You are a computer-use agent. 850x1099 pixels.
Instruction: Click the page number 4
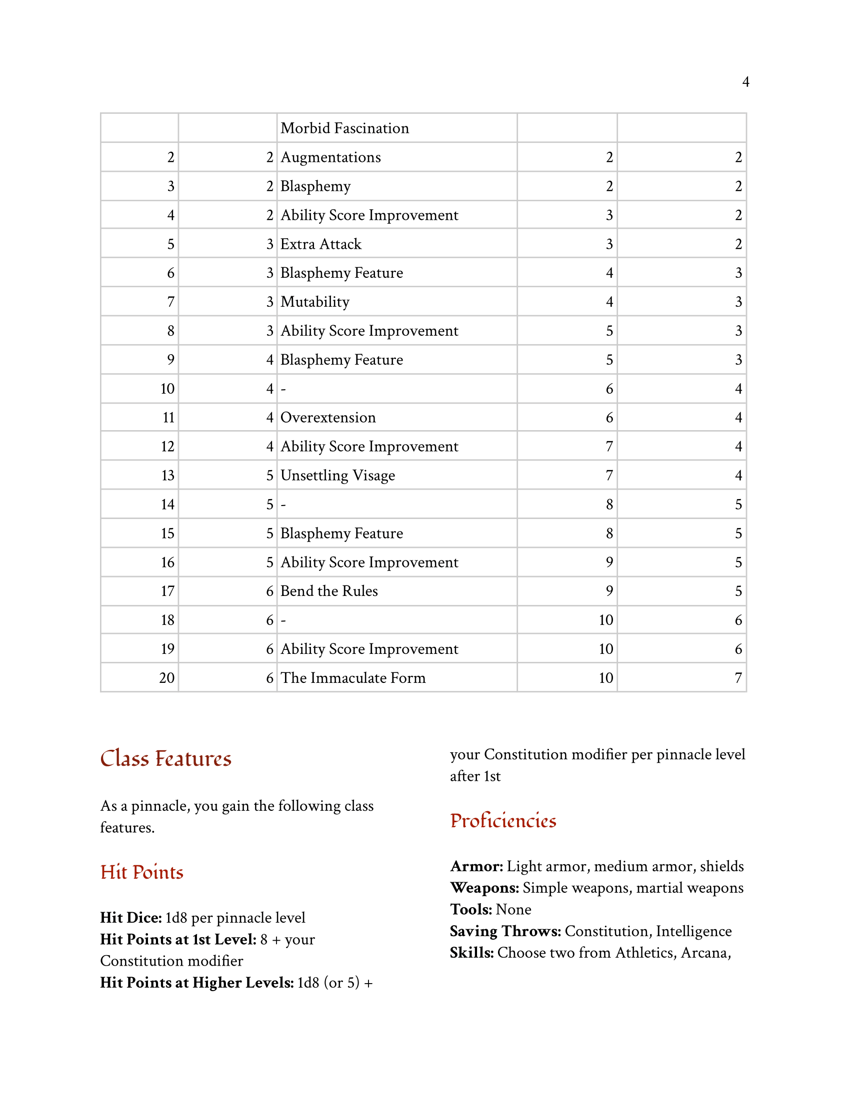(x=745, y=81)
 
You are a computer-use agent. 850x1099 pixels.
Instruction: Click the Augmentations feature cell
(x=330, y=157)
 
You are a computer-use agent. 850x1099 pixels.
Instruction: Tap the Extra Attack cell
(x=321, y=244)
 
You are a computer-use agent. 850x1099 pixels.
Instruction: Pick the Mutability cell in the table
(x=314, y=302)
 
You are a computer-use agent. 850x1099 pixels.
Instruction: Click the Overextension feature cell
(x=328, y=418)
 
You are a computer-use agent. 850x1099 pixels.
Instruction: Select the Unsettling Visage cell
(x=337, y=476)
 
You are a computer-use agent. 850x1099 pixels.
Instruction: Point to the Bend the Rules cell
(x=329, y=591)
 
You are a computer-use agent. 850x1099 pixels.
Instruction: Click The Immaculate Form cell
(x=352, y=678)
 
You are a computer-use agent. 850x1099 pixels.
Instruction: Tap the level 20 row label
(x=166, y=678)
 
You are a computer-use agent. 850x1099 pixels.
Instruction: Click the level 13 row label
(x=167, y=476)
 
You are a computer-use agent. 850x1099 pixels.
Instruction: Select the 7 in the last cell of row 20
(x=737, y=678)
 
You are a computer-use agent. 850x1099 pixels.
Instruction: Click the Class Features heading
(x=165, y=759)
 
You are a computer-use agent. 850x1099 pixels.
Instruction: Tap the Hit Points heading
(x=141, y=873)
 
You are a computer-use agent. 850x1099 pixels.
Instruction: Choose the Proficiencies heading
(x=502, y=821)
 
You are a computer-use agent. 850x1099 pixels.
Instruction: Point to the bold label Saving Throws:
(x=505, y=932)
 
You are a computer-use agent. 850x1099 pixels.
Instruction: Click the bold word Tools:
(x=471, y=910)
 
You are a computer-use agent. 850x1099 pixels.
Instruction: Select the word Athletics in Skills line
(x=645, y=953)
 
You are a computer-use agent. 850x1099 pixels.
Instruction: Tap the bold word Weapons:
(x=484, y=888)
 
